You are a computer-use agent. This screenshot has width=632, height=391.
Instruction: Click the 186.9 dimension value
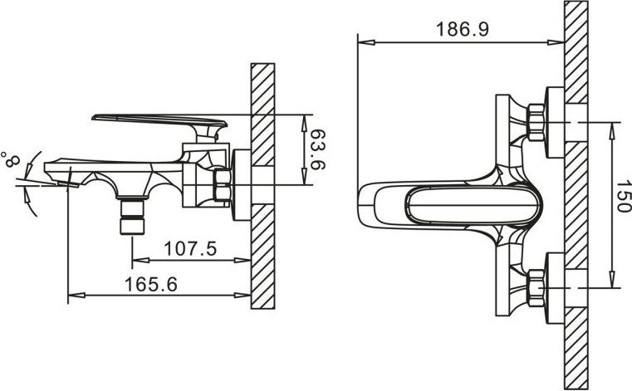click(463, 29)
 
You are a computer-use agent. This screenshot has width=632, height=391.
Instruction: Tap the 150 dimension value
click(623, 196)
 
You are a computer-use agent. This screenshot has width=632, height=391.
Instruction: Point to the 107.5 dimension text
click(190, 248)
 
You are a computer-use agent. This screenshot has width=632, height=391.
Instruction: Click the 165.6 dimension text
click(151, 284)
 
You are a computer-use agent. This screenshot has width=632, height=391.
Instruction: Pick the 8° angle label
click(11, 159)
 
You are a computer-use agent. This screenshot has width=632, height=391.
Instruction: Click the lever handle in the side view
click(160, 125)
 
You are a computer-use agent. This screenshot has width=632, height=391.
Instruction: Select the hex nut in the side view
click(222, 184)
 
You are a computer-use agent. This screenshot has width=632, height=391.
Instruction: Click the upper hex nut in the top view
click(536, 122)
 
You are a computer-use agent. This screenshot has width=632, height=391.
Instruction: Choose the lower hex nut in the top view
click(536, 288)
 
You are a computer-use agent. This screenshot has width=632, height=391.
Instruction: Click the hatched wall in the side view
click(262, 186)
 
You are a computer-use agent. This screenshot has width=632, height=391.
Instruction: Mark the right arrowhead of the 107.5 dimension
click(243, 261)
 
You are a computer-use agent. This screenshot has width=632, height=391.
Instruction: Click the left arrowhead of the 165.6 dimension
click(76, 296)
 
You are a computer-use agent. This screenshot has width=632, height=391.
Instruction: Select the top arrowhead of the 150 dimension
click(612, 130)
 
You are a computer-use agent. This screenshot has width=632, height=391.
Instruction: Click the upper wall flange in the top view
click(555, 122)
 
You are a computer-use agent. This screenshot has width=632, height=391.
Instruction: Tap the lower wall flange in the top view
click(555, 288)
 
